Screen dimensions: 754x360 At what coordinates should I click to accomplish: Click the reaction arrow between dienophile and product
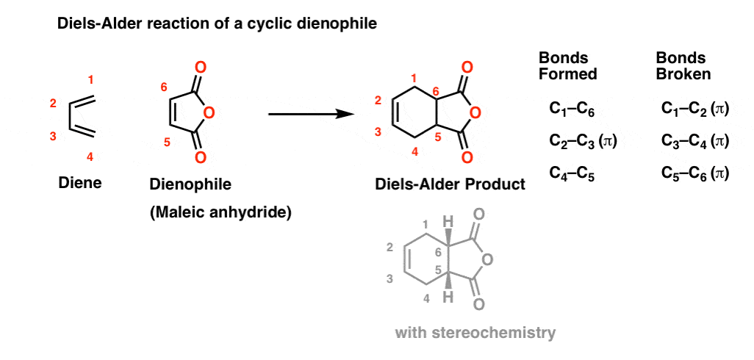311,114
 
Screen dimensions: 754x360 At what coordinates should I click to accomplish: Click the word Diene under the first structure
80,183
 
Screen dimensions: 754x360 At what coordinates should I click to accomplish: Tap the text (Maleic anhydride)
220,212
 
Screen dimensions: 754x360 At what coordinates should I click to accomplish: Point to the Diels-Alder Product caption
450,184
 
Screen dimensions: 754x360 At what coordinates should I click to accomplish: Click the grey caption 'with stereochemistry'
475,333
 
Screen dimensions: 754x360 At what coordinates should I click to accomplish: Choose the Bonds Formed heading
568,66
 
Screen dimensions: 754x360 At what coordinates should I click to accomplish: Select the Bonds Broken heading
684,66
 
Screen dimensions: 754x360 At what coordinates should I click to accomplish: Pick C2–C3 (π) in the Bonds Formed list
583,141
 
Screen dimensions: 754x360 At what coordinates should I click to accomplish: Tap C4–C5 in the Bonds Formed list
572,176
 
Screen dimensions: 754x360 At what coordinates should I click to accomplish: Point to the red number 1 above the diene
91,79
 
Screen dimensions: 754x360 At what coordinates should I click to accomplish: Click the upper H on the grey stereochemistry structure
448,222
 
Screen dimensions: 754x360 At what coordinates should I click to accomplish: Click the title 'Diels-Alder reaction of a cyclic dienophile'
216,24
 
